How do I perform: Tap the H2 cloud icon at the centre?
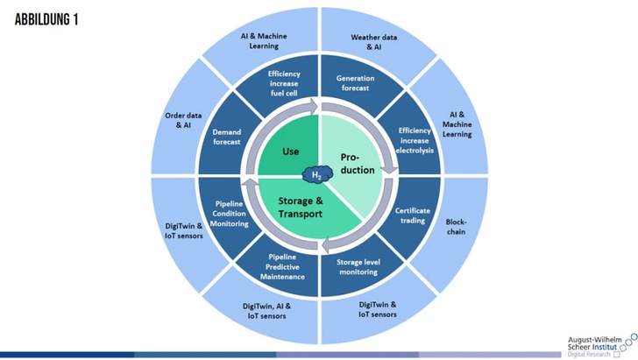[318, 175]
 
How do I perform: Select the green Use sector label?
[290, 152]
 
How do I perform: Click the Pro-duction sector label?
[357, 162]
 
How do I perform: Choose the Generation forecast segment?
[355, 83]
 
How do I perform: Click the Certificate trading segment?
[413, 215]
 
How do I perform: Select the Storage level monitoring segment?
[357, 266]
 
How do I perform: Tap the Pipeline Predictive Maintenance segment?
[281, 266]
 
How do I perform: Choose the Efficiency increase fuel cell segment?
[284, 82]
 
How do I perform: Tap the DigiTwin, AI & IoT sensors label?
[266, 312]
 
